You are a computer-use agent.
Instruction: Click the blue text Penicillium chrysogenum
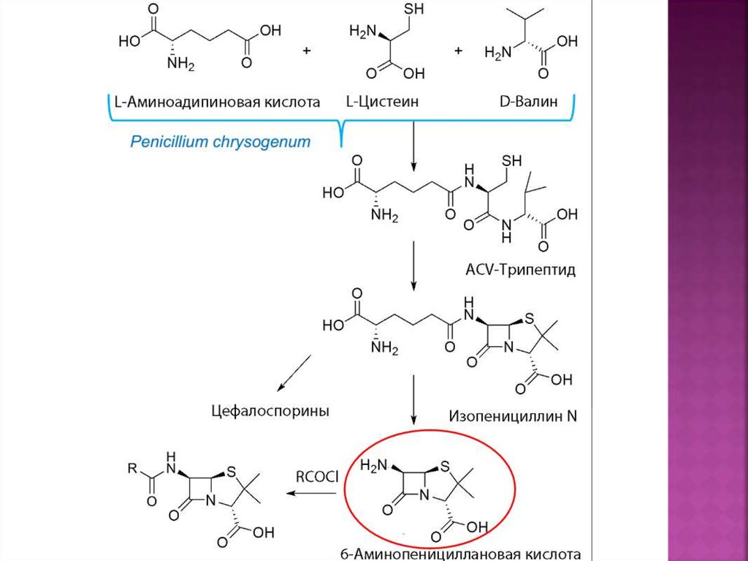pyautogui.click(x=220, y=142)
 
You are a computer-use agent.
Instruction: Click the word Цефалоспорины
pyautogui.click(x=270, y=411)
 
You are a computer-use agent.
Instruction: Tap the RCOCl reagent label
pyautogui.click(x=317, y=478)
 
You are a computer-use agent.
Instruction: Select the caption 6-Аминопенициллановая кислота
pyautogui.click(x=470, y=554)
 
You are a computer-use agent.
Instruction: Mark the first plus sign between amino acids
pyautogui.click(x=306, y=50)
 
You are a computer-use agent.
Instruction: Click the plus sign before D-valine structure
pyautogui.click(x=459, y=50)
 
